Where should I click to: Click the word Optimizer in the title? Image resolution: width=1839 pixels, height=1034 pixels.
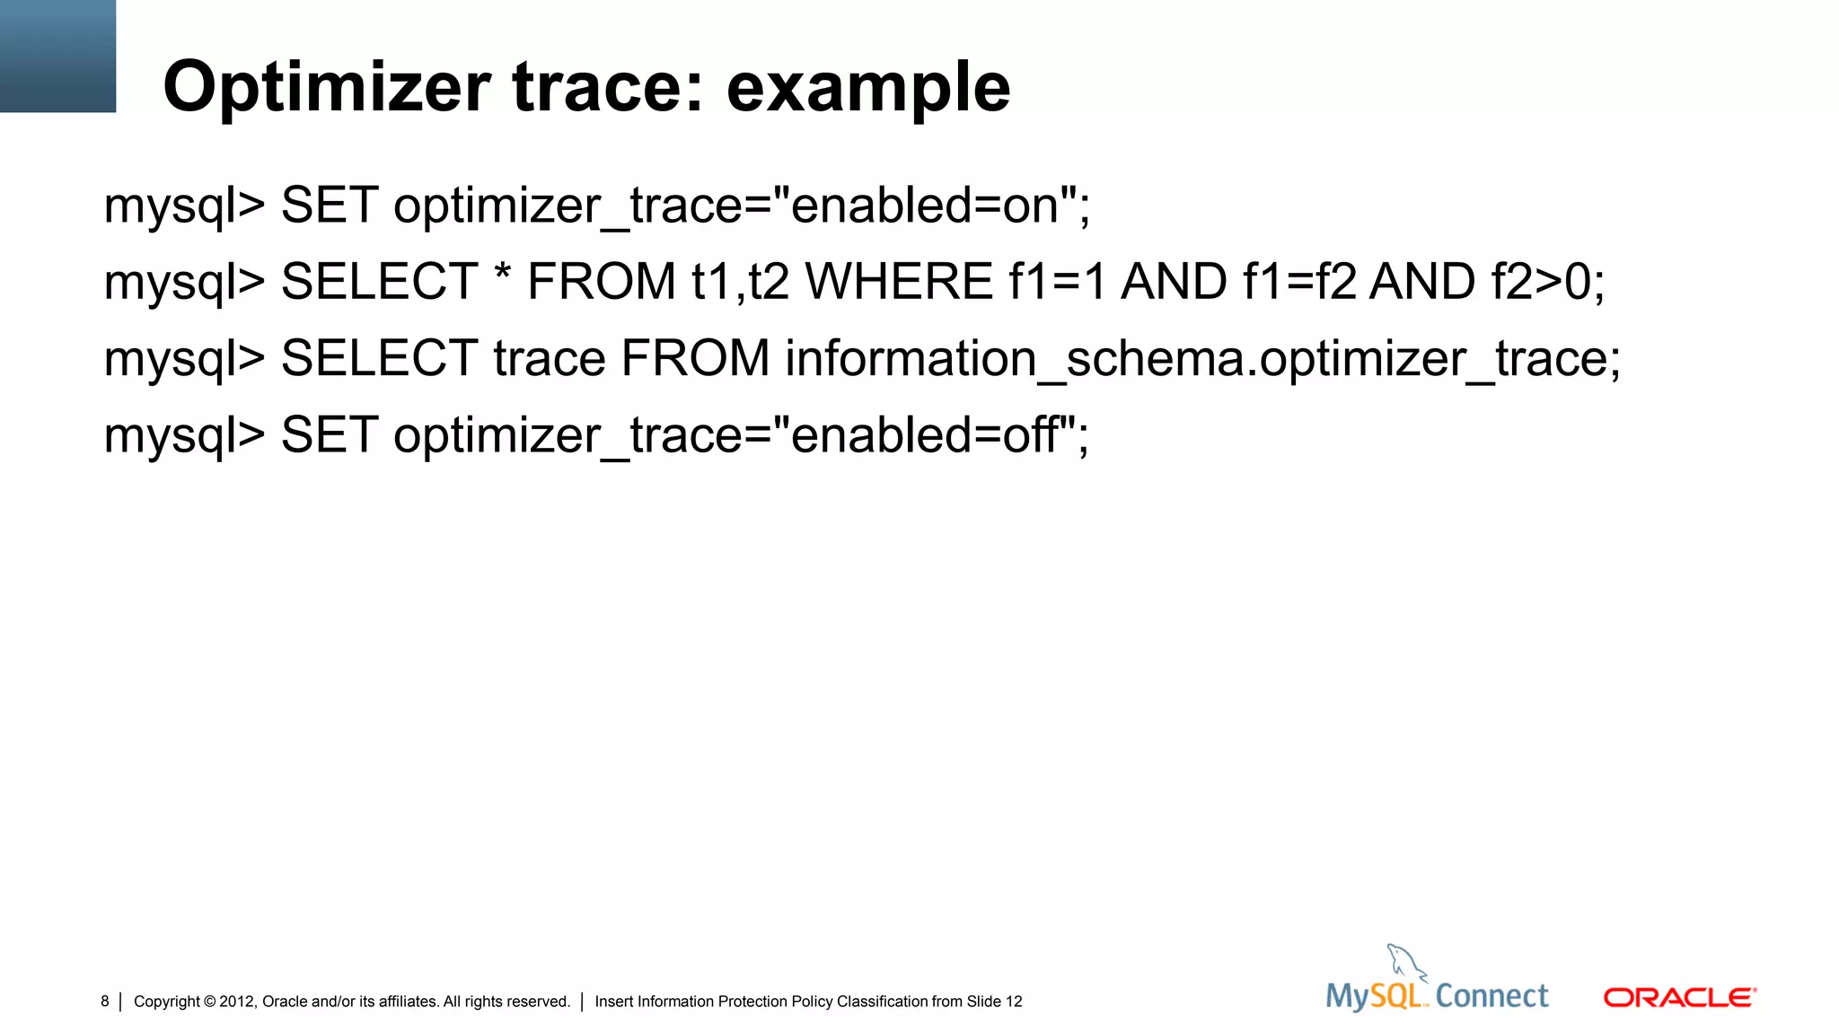[x=326, y=88]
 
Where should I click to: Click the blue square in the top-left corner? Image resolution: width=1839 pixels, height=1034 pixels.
[x=57, y=56]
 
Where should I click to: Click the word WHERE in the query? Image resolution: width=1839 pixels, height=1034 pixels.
[x=899, y=282]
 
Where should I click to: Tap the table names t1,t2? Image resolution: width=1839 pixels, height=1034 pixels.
[x=740, y=282]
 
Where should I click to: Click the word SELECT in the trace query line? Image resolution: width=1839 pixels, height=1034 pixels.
[x=379, y=359]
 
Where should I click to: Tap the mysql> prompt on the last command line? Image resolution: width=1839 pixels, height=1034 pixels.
[x=184, y=436]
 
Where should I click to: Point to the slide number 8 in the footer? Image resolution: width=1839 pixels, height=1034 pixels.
[x=105, y=1002]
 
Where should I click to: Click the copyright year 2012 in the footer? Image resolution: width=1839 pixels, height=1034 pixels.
[x=238, y=1002]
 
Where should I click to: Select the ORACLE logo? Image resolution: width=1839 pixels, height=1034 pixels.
[x=1679, y=998]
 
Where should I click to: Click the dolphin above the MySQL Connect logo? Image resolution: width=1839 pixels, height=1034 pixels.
[x=1405, y=962]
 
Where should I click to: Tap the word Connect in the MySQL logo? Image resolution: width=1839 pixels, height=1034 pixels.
[x=1491, y=996]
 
